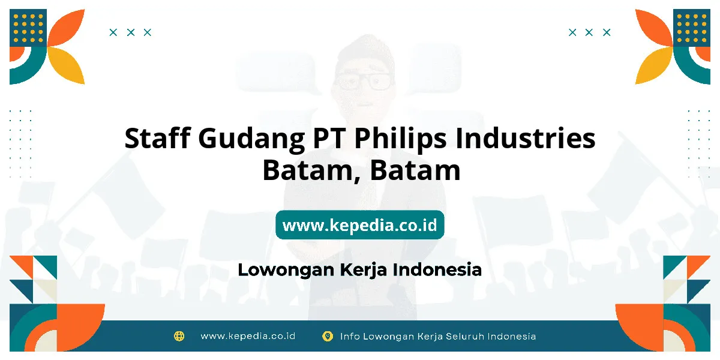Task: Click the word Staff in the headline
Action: pyautogui.click(x=157, y=138)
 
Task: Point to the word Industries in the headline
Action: pyautogui.click(x=526, y=138)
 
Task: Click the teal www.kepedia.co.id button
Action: pyautogui.click(x=360, y=224)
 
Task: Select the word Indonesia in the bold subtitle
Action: pyautogui.click(x=437, y=269)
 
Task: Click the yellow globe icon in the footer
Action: pyautogui.click(x=179, y=336)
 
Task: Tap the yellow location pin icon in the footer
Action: pyautogui.click(x=327, y=336)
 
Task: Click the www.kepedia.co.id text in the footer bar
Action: pyautogui.click(x=248, y=336)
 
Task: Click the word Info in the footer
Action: pyautogui.click(x=350, y=336)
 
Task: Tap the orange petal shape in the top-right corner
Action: pyautogui.click(x=653, y=28)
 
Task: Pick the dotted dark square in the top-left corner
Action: pyautogui.click(x=28, y=28)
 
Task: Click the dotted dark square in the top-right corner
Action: pyautogui.click(x=692, y=28)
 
